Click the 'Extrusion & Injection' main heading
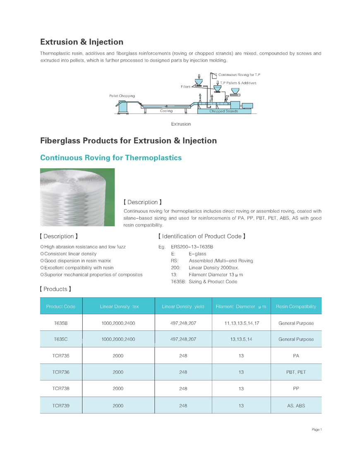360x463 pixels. [82, 42]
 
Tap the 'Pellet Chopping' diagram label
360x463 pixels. [122, 96]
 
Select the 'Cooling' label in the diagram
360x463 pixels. [166, 111]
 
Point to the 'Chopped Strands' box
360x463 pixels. [224, 111]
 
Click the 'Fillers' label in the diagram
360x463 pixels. [185, 87]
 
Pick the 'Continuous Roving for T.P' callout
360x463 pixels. [239, 75]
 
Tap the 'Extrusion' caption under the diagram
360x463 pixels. [181, 124]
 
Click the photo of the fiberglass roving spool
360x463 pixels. [77, 197]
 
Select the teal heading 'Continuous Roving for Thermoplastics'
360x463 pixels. [110, 158]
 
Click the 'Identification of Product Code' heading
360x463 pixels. [202, 236]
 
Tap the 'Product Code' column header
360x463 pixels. [61, 306]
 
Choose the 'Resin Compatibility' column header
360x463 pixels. [296, 306]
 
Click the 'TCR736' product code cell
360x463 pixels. [61, 372]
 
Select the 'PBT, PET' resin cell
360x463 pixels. [296, 372]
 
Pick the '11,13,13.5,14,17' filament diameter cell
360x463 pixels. [241, 323]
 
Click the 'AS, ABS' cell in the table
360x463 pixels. [296, 406]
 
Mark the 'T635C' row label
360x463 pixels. [61, 339]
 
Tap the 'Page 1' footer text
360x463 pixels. [317, 430]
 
